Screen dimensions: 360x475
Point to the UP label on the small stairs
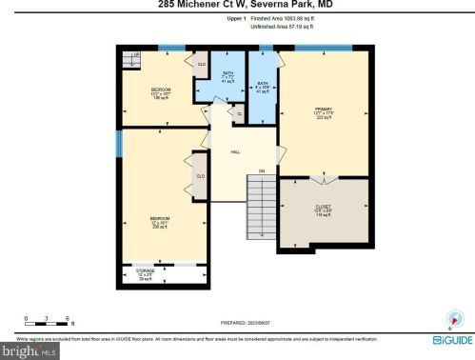136,55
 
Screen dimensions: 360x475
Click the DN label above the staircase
260,170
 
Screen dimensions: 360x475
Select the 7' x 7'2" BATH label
228,76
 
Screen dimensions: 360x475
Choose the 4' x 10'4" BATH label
262,87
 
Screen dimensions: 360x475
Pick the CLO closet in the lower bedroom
201,175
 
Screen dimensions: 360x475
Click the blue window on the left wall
119,143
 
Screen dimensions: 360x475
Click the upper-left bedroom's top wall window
171,48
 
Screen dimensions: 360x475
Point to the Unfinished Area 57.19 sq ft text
284,26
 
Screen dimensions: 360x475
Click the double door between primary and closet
324,178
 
